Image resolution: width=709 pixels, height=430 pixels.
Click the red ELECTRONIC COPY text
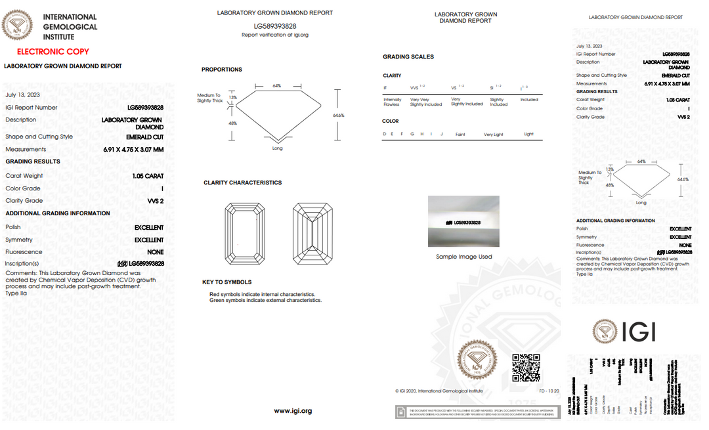click(53, 51)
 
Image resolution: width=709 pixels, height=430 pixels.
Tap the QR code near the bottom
click(525, 368)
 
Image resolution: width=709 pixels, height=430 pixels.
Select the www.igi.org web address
click(293, 411)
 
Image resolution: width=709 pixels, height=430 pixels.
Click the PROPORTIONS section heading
click(221, 70)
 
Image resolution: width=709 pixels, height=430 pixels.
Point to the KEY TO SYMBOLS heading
click(226, 282)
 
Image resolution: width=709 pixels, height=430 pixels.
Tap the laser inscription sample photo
click(463, 221)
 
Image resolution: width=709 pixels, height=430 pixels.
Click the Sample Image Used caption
click(463, 257)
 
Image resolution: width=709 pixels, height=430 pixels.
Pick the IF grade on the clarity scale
click(385, 87)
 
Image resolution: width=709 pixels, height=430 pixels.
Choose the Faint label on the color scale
click(460, 135)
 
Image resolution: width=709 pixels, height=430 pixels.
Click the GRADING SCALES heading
click(408, 57)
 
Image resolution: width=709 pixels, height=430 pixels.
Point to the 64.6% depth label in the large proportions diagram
click(339, 115)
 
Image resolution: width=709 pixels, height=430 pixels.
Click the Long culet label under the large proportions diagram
click(277, 148)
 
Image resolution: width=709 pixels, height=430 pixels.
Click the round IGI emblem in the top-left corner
click(18, 26)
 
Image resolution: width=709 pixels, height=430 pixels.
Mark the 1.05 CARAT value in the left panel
click(148, 176)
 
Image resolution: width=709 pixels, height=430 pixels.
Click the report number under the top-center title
click(275, 26)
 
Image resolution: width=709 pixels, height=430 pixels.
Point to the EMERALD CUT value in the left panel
click(144, 137)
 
